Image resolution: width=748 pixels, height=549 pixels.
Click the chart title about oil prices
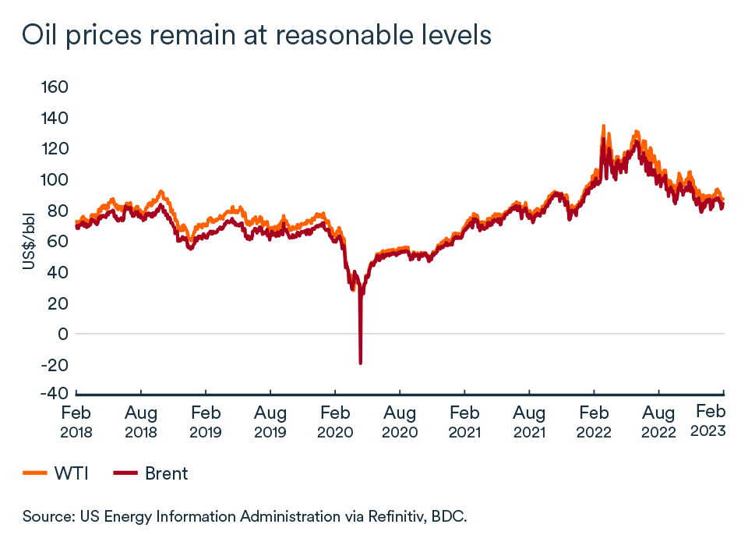pyautogui.click(x=257, y=35)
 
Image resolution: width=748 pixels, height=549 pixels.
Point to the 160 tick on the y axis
pyautogui.click(x=55, y=87)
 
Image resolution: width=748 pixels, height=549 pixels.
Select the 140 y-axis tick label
pyautogui.click(x=55, y=118)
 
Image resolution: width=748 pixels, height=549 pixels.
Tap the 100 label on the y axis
pyautogui.click(x=55, y=179)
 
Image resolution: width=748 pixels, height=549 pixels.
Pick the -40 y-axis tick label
pyautogui.click(x=53, y=394)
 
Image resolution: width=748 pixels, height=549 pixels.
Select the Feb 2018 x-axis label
pyautogui.click(x=76, y=421)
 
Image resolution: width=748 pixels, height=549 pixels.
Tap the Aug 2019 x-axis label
pyautogui.click(x=270, y=421)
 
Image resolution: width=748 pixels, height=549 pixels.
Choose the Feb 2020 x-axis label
pyautogui.click(x=335, y=421)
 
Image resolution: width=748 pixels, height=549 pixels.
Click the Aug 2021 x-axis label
pyautogui.click(x=529, y=421)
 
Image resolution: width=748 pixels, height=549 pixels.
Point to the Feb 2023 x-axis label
pyautogui.click(x=710, y=421)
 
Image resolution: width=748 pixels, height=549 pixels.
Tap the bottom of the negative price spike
pyautogui.click(x=360, y=363)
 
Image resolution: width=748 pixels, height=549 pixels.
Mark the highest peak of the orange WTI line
pyautogui.click(x=603, y=126)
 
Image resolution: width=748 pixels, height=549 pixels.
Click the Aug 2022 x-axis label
pyautogui.click(x=658, y=421)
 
